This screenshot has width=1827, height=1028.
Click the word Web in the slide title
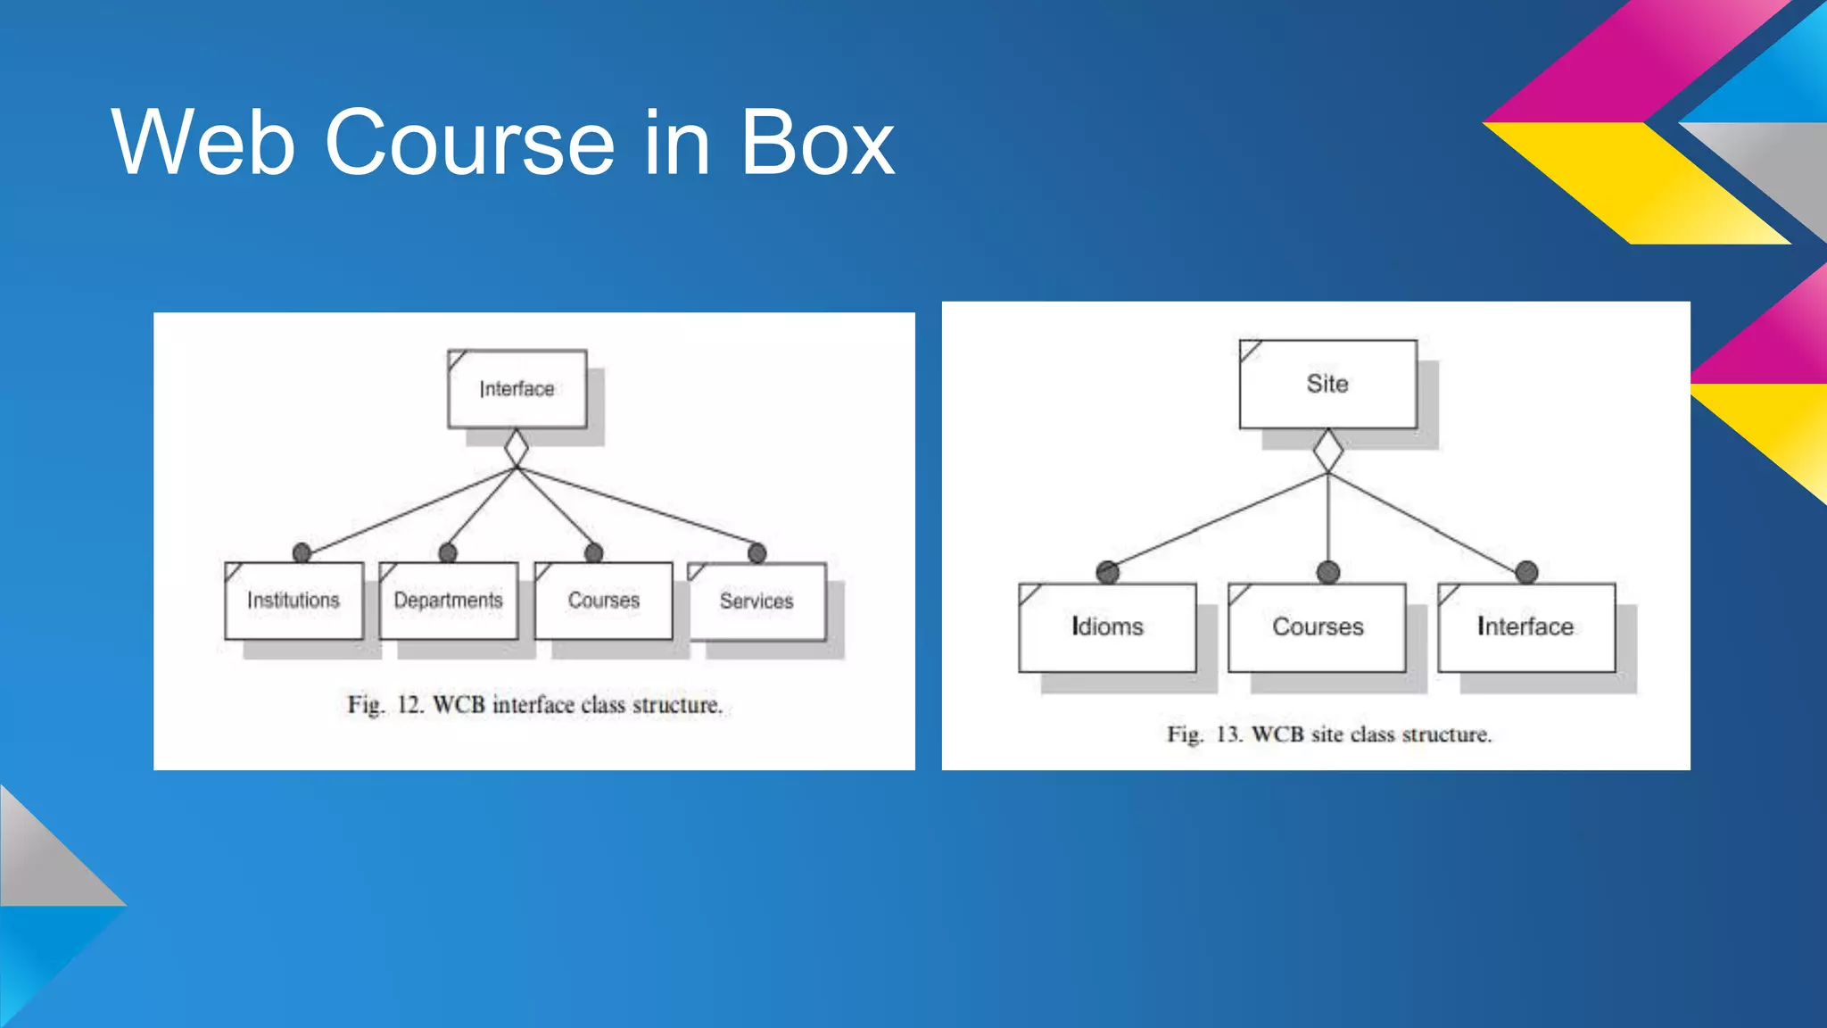click(x=203, y=143)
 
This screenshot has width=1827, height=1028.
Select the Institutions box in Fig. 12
click(x=293, y=601)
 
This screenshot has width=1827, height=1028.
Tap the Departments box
click(x=448, y=601)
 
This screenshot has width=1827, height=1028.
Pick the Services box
click(x=756, y=601)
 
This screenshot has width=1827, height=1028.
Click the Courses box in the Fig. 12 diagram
click(x=604, y=601)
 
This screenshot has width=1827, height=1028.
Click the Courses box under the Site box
click(x=1318, y=626)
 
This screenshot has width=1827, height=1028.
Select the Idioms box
click(x=1107, y=626)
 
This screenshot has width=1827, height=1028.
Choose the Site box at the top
click(x=1327, y=384)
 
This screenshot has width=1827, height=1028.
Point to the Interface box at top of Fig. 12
click(x=517, y=389)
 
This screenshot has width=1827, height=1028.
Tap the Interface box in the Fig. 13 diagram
click(x=1525, y=626)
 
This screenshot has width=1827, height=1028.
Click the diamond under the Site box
click(x=1328, y=451)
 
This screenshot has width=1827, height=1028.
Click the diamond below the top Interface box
click(x=517, y=448)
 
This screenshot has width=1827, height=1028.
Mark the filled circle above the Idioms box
click(x=1108, y=572)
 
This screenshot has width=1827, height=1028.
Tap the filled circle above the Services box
click(x=757, y=553)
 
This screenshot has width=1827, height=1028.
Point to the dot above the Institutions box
click(x=302, y=553)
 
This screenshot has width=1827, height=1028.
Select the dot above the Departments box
click(x=448, y=553)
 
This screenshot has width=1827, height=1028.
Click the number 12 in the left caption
click(x=409, y=705)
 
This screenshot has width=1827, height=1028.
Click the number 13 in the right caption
click(x=1228, y=734)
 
